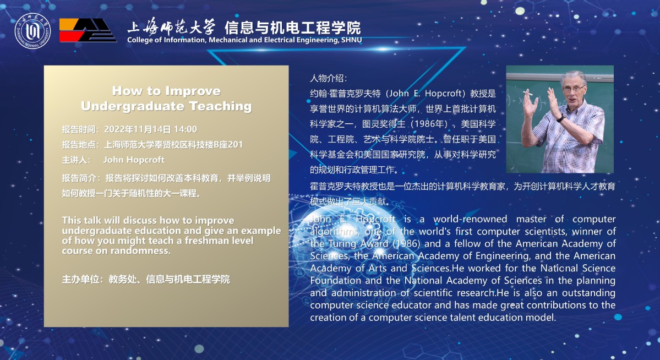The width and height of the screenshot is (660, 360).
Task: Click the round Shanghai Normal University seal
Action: tap(32, 31)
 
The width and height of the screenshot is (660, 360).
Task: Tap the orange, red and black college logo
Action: tap(88, 30)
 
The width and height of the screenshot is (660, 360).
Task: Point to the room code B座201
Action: tap(228, 145)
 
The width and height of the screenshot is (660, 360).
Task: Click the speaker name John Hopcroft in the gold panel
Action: tap(134, 160)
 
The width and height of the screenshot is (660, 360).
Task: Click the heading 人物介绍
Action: tap(328, 78)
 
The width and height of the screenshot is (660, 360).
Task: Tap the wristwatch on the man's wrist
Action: tap(560, 119)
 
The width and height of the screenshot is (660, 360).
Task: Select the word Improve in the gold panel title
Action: tap(193, 91)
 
